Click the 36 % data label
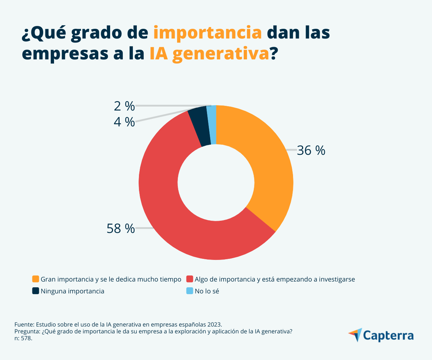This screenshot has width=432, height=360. coord(311,151)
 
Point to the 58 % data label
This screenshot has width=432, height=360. coord(121,228)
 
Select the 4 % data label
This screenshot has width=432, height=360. coord(124,122)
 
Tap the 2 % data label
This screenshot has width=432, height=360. coord(124,106)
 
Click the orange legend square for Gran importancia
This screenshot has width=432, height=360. coord(36,279)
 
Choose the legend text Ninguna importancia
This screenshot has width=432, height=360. coord(72,291)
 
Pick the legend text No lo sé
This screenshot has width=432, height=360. coord(207,291)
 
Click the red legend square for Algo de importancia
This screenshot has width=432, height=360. coord(189,279)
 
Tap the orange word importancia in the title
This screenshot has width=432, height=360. coord(207,33)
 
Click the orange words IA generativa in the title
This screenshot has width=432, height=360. coord(209,54)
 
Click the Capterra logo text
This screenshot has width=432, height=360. coord(388,336)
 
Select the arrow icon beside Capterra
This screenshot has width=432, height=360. coord(356,334)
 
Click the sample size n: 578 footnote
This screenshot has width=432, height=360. coord(23,339)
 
